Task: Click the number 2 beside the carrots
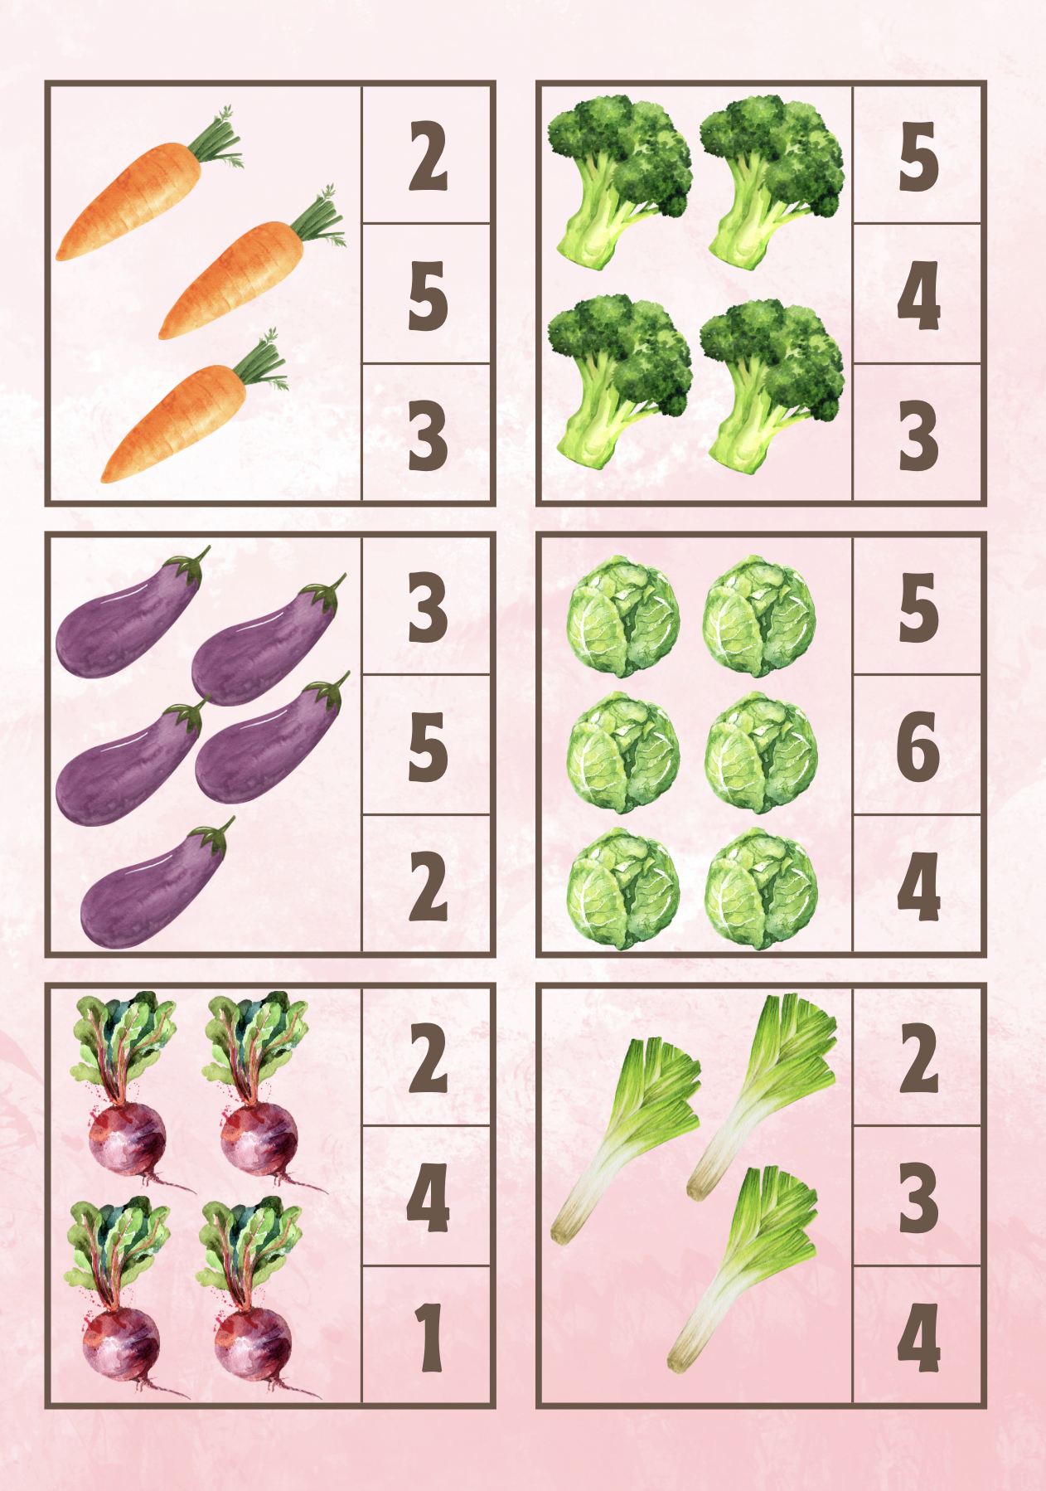pyautogui.click(x=428, y=156)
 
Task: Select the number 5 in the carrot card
pyautogui.click(x=428, y=296)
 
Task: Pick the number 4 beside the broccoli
pyautogui.click(x=918, y=296)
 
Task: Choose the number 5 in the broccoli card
pyautogui.click(x=918, y=156)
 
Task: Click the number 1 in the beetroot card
pyautogui.click(x=429, y=1337)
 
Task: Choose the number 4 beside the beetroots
pyautogui.click(x=428, y=1197)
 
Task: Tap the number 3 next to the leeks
pyautogui.click(x=918, y=1197)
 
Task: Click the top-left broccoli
pyautogui.click(x=620, y=181)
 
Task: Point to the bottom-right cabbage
pyautogui.click(x=761, y=889)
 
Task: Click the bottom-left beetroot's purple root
pyautogui.click(x=121, y=1343)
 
